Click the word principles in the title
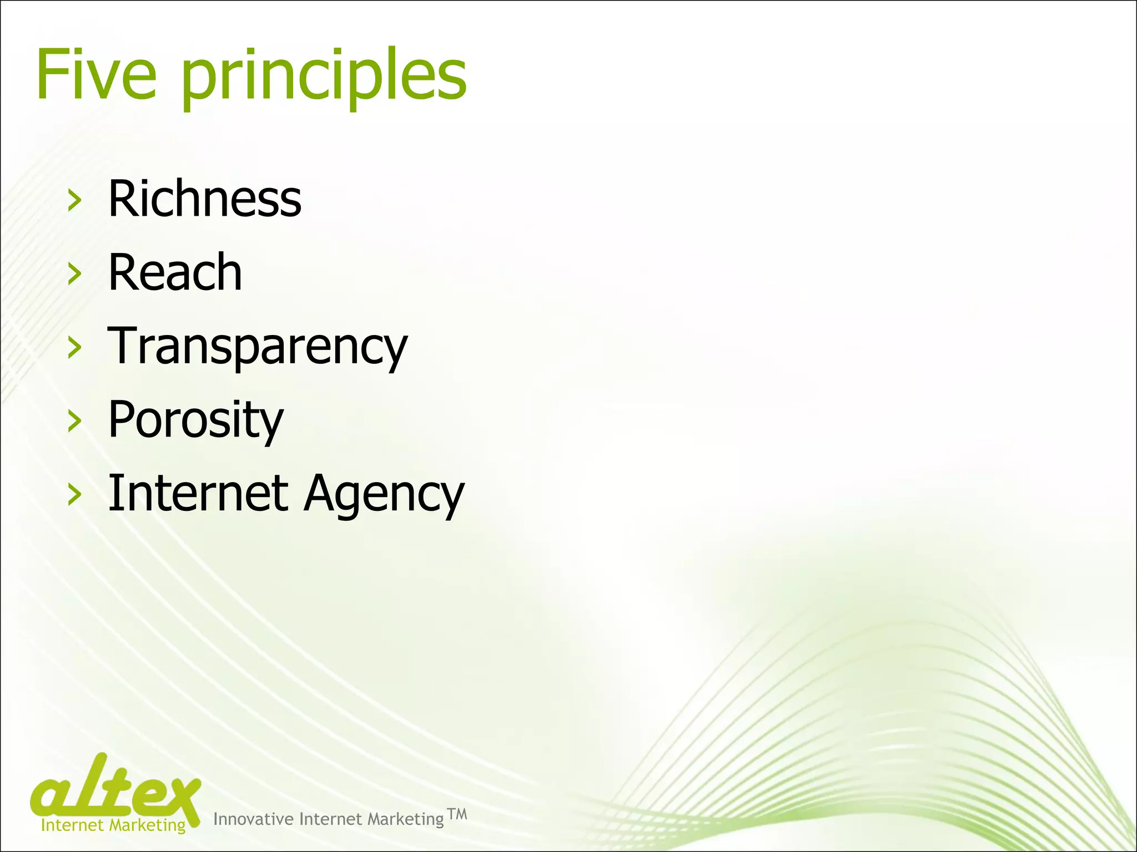[324, 78]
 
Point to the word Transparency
[258, 347]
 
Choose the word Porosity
[195, 420]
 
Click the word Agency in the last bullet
[384, 495]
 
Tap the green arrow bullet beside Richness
[74, 200]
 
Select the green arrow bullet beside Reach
[74, 274]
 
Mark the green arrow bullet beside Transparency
[74, 348]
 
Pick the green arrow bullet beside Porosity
[74, 422]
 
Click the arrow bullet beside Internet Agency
[74, 495]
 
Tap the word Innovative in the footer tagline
[253, 819]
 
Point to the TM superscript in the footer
[457, 814]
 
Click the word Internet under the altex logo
[72, 825]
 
